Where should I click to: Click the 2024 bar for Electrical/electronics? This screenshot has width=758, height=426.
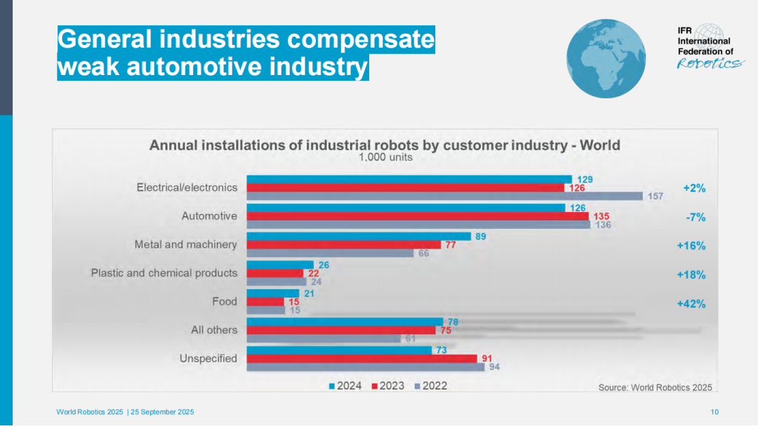click(409, 180)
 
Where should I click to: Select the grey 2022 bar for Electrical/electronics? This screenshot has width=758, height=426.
click(444, 196)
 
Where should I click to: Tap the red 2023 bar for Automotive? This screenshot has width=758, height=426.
click(418, 216)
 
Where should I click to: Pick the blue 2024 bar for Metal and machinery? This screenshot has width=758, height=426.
click(359, 237)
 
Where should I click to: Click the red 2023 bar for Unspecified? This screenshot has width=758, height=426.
click(361, 359)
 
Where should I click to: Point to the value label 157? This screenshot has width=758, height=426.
click(656, 196)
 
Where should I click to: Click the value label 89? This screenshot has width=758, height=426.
click(481, 237)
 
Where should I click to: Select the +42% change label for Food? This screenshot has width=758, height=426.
click(691, 304)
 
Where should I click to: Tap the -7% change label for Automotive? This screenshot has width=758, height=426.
click(695, 218)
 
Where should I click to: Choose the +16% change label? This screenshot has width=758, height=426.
click(691, 246)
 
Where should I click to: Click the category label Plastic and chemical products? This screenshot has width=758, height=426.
click(164, 273)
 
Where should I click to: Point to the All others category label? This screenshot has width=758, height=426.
click(214, 330)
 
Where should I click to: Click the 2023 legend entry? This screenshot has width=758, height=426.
click(387, 386)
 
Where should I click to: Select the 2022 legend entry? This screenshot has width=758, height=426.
click(430, 386)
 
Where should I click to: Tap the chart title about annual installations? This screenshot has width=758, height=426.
click(385, 145)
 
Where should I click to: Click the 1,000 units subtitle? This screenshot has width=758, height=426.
click(385, 158)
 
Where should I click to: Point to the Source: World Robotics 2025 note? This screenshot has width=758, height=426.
click(655, 387)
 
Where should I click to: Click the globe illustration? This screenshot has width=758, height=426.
click(606, 58)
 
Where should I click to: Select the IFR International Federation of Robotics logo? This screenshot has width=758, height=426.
click(708, 48)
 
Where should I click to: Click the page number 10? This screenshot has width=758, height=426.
click(714, 412)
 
